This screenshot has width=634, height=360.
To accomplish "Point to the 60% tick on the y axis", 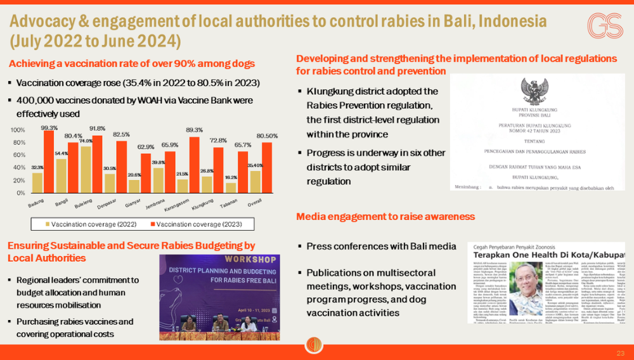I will pyautogui.click(x=19, y=155).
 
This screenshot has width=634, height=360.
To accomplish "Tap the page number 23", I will pyautogui.click(x=620, y=352).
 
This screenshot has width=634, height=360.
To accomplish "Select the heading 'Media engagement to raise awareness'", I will pyautogui.click(x=385, y=217).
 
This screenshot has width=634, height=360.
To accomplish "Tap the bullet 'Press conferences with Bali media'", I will pyautogui.click(x=380, y=246).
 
